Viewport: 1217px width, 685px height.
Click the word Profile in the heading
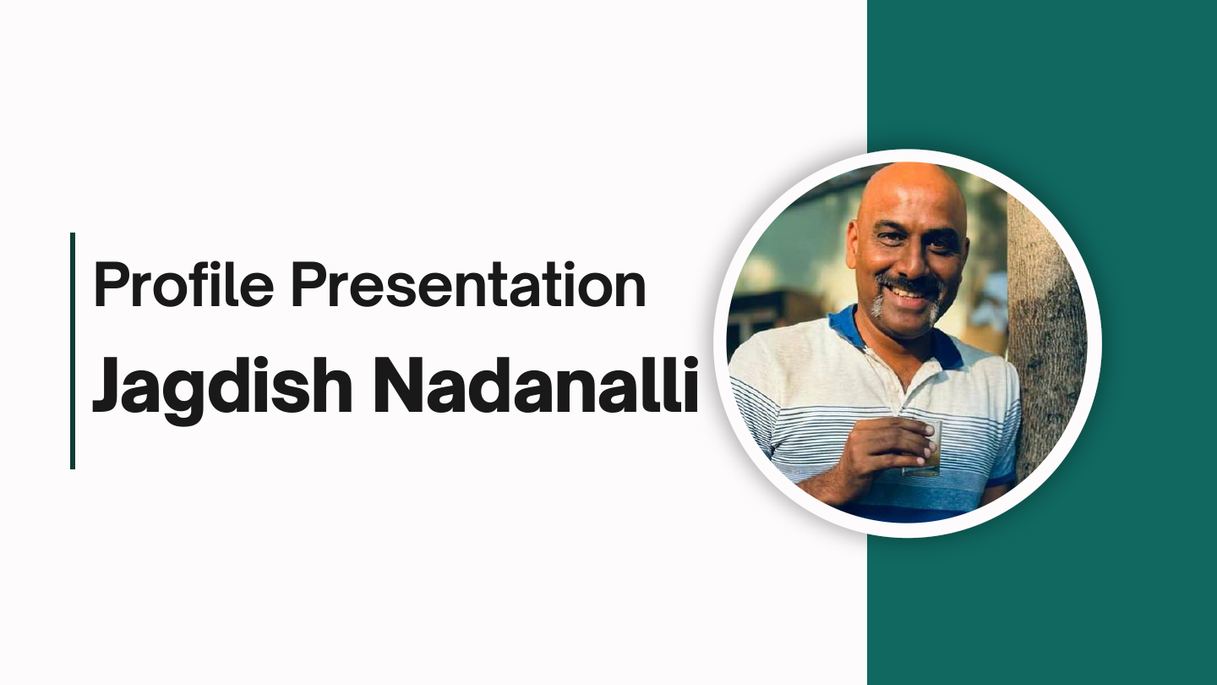184,284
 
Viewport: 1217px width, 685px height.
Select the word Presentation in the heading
468,284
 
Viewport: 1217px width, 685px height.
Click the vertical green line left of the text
73,350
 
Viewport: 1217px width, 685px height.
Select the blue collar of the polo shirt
845,326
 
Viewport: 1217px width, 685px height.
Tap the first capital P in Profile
110,284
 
